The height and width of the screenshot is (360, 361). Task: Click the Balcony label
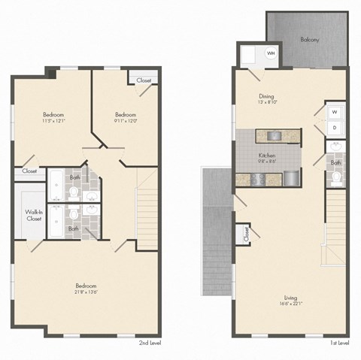coord(308,39)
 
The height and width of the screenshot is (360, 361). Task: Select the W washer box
coord(334,113)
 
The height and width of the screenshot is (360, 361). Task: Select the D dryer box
coord(334,128)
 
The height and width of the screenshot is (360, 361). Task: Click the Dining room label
coord(266,95)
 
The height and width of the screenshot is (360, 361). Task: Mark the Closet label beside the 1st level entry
coord(246,236)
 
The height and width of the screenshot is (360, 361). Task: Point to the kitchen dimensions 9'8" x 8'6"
coord(266,159)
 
